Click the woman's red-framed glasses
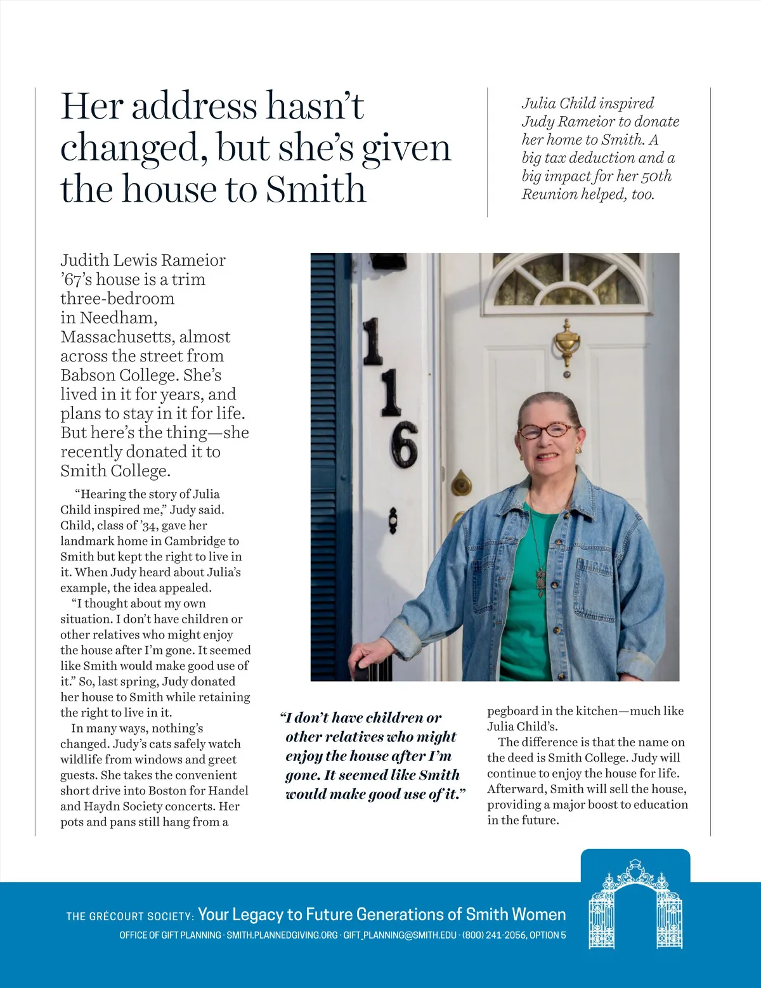(547, 431)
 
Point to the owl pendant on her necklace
(540, 582)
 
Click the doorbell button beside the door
(393, 520)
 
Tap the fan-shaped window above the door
(568, 280)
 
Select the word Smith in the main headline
(315, 189)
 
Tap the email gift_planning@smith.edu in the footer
(400, 935)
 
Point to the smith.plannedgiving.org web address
(282, 935)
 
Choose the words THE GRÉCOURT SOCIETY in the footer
(130, 916)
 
